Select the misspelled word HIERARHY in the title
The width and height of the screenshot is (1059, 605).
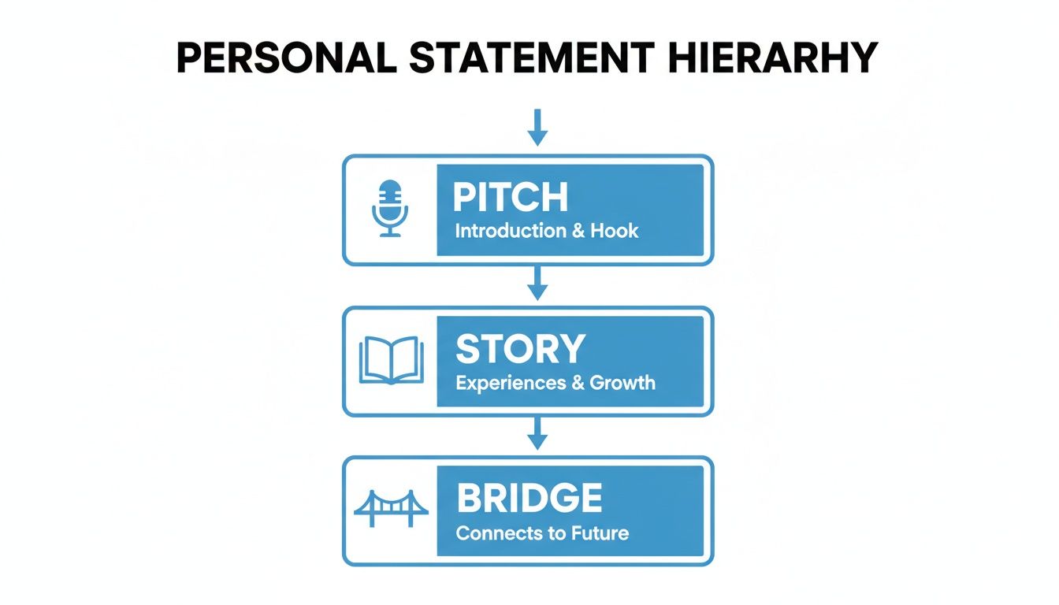coord(771,58)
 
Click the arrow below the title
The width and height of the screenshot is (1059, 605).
coord(537,128)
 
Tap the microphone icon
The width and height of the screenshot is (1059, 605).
coord(390,208)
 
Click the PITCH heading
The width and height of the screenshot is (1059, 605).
coord(510,197)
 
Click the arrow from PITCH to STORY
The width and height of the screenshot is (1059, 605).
coord(537,283)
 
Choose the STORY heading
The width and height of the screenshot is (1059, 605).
coord(520,349)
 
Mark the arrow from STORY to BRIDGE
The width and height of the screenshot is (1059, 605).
coord(537,434)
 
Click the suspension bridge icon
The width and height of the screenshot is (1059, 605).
coord(391,509)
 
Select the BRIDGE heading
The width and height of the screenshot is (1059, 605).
coord(529,499)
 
